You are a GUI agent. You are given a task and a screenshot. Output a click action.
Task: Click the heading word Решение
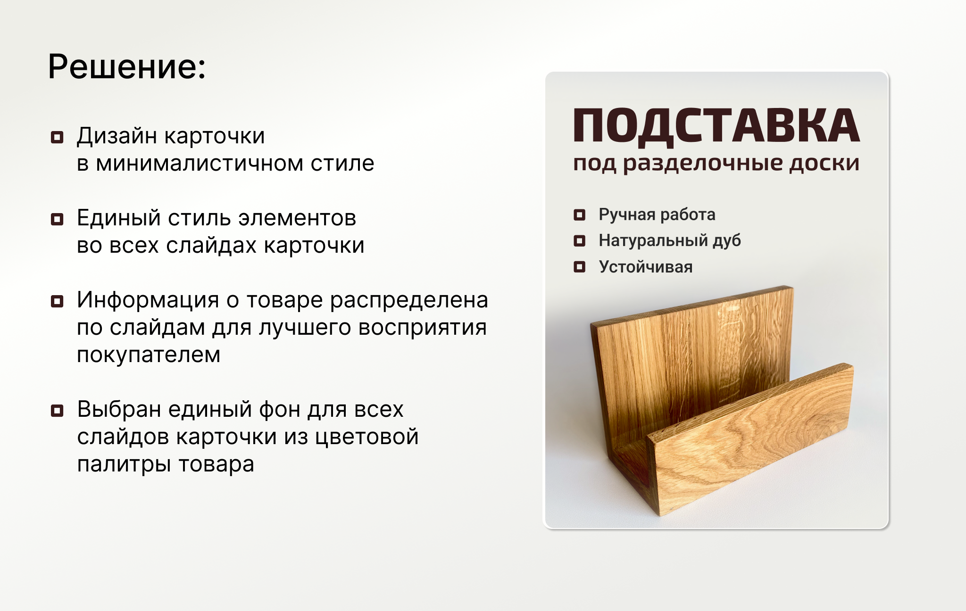[x=126, y=66]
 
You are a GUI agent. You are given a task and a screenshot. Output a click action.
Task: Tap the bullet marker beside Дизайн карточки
[x=57, y=137]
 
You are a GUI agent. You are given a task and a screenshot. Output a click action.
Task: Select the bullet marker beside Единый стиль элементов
[x=57, y=219]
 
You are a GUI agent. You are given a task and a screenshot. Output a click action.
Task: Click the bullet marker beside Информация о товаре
[x=57, y=301]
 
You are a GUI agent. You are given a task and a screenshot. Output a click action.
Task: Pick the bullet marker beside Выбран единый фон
[x=57, y=411]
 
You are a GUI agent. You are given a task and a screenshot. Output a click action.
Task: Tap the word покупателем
[x=149, y=355]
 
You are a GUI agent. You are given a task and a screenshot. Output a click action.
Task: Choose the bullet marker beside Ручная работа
[x=579, y=215]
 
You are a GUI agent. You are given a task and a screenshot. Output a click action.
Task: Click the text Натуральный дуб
[x=670, y=241]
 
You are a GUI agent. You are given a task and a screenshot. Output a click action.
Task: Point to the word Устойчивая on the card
[x=646, y=267]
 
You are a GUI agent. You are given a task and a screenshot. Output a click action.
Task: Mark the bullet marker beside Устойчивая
[x=579, y=267]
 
